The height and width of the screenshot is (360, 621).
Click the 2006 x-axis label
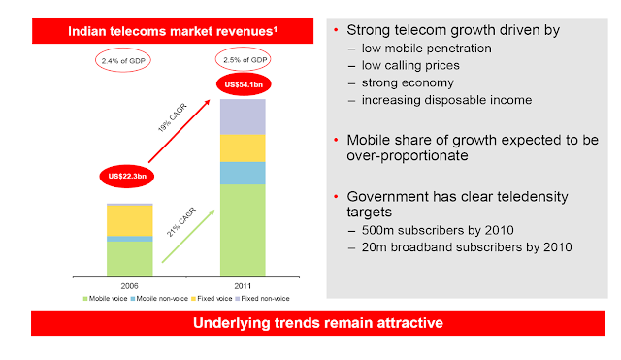click(x=130, y=284)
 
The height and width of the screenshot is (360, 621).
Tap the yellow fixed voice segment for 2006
click(x=130, y=220)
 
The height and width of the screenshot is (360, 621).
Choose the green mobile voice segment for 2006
click(x=130, y=258)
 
